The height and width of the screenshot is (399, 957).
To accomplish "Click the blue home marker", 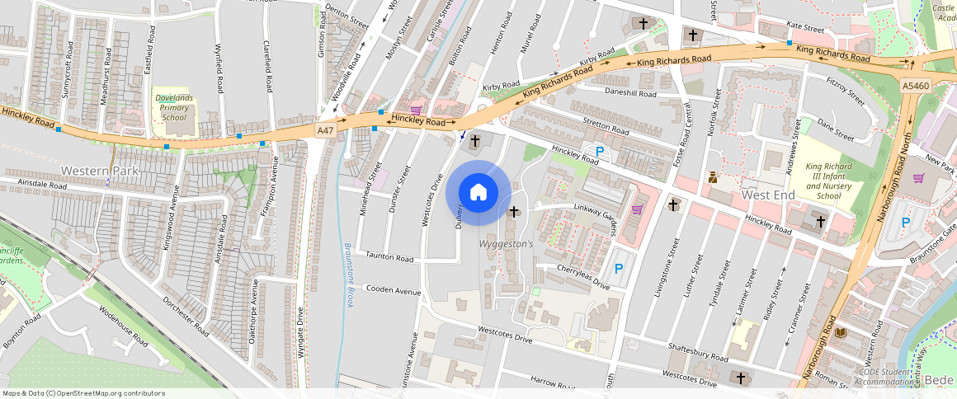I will coord(478,193).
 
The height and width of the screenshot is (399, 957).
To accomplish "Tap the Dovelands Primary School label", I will coord(174,107).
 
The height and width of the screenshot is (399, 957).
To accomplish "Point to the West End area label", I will coord(768,195).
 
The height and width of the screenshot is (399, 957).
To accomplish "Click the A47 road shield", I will coord(325,130).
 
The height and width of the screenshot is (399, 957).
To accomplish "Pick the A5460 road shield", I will coord(915,86).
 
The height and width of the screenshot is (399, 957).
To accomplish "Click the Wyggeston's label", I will coord(507,245).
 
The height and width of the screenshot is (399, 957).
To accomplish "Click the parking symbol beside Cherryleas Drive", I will coord(619,269).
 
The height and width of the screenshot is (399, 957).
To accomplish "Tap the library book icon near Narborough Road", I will coord(841,332).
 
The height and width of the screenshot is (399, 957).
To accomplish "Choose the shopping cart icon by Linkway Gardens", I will coord(637,209).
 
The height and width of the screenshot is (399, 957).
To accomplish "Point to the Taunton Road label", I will coord(390,258).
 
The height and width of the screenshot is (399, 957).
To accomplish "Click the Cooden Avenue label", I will coord(394,290).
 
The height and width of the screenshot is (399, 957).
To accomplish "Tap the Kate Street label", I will coord(806,29).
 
